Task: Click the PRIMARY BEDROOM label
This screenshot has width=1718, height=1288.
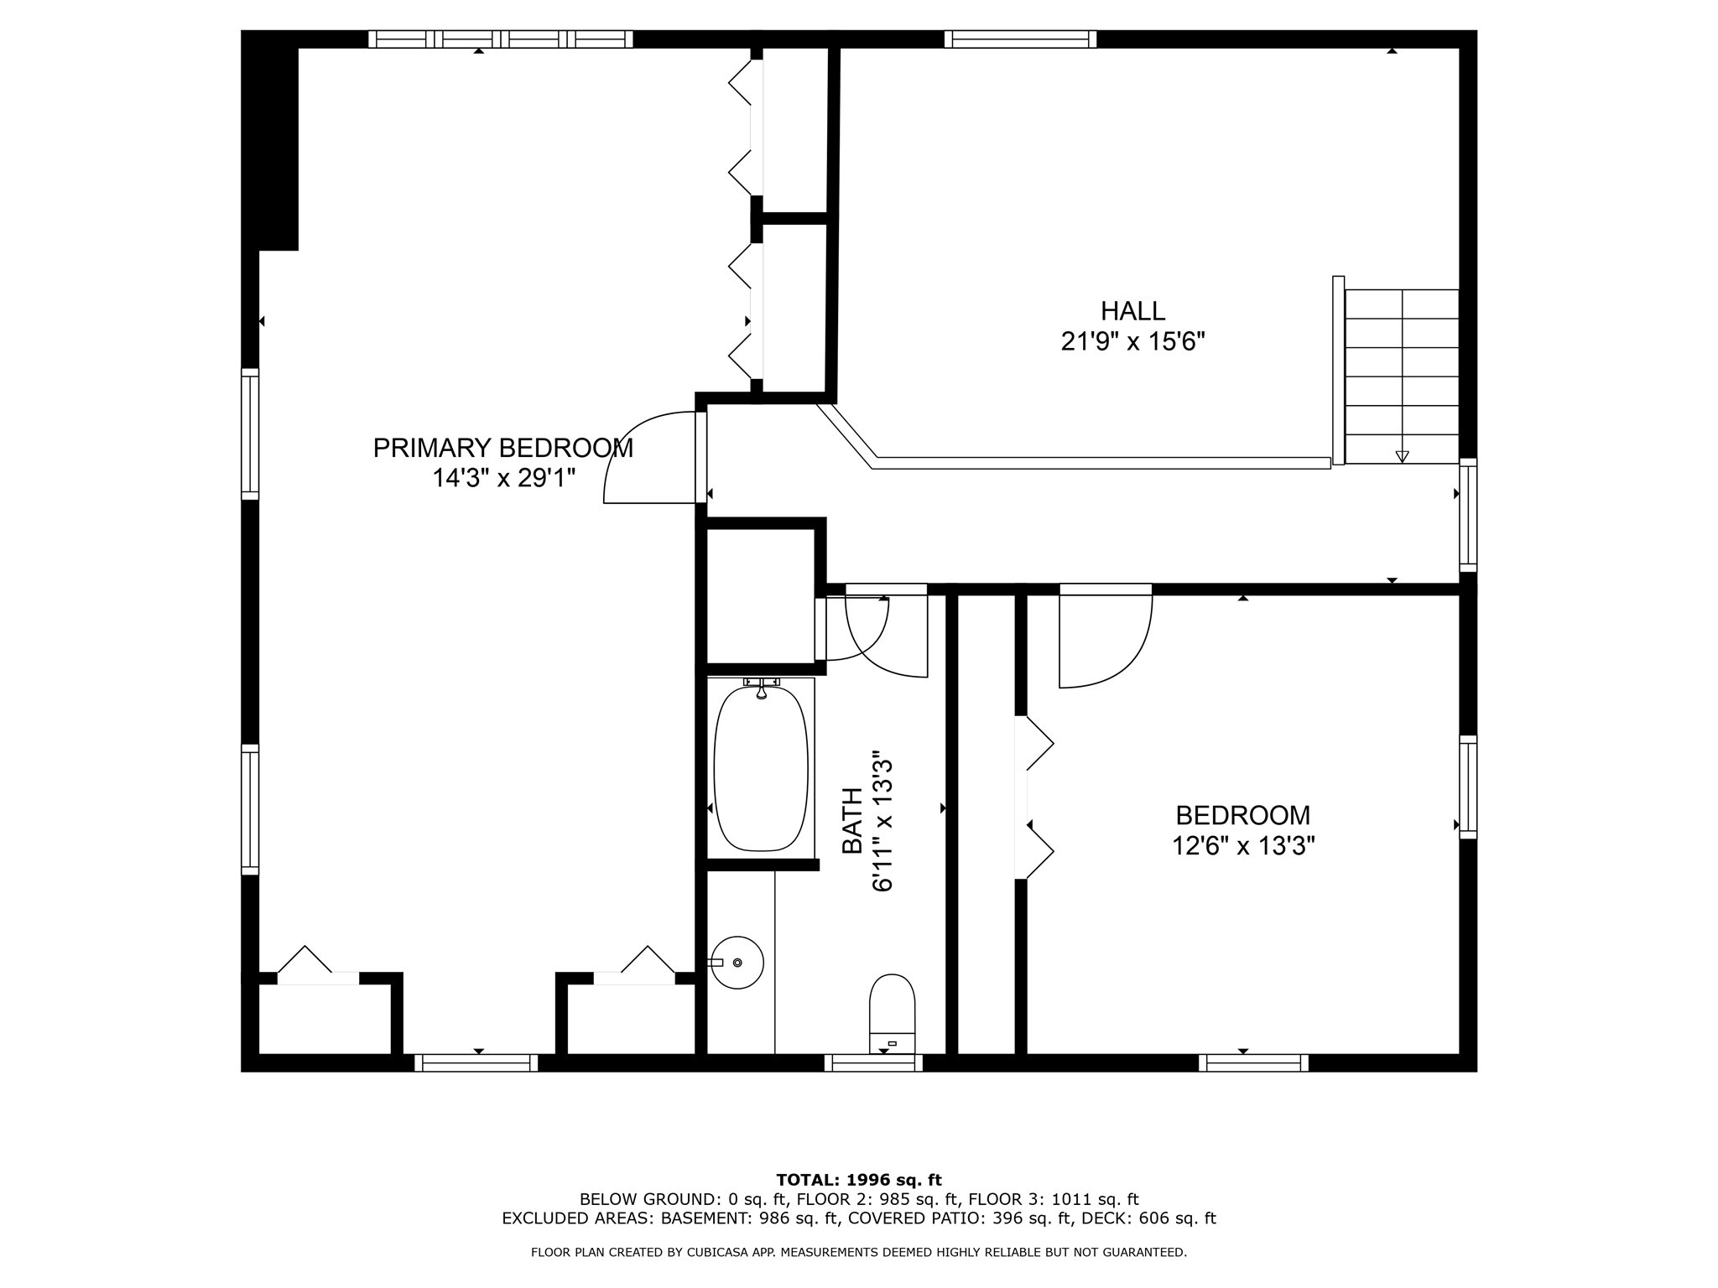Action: (x=502, y=448)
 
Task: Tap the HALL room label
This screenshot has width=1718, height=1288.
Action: (x=1132, y=311)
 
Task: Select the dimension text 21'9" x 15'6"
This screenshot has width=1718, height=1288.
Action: (x=1132, y=342)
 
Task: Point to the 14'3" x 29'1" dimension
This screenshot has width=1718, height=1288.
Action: (x=502, y=479)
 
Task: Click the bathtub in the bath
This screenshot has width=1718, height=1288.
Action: (x=761, y=767)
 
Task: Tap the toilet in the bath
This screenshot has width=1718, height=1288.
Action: (x=892, y=1013)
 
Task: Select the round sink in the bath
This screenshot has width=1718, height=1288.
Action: (x=737, y=963)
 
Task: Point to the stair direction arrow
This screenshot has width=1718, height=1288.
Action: (x=1402, y=457)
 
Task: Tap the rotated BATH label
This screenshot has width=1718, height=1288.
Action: (x=851, y=821)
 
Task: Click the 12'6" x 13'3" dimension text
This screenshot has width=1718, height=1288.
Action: (x=1242, y=845)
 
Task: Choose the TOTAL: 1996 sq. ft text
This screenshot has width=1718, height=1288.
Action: (x=859, y=1181)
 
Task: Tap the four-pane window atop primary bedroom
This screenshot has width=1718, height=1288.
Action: (x=501, y=39)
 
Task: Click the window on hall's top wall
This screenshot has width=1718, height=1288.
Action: (x=1020, y=39)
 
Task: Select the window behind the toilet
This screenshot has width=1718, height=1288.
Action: (x=873, y=1062)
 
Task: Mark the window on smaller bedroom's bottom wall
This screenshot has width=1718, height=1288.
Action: (x=1253, y=1062)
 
